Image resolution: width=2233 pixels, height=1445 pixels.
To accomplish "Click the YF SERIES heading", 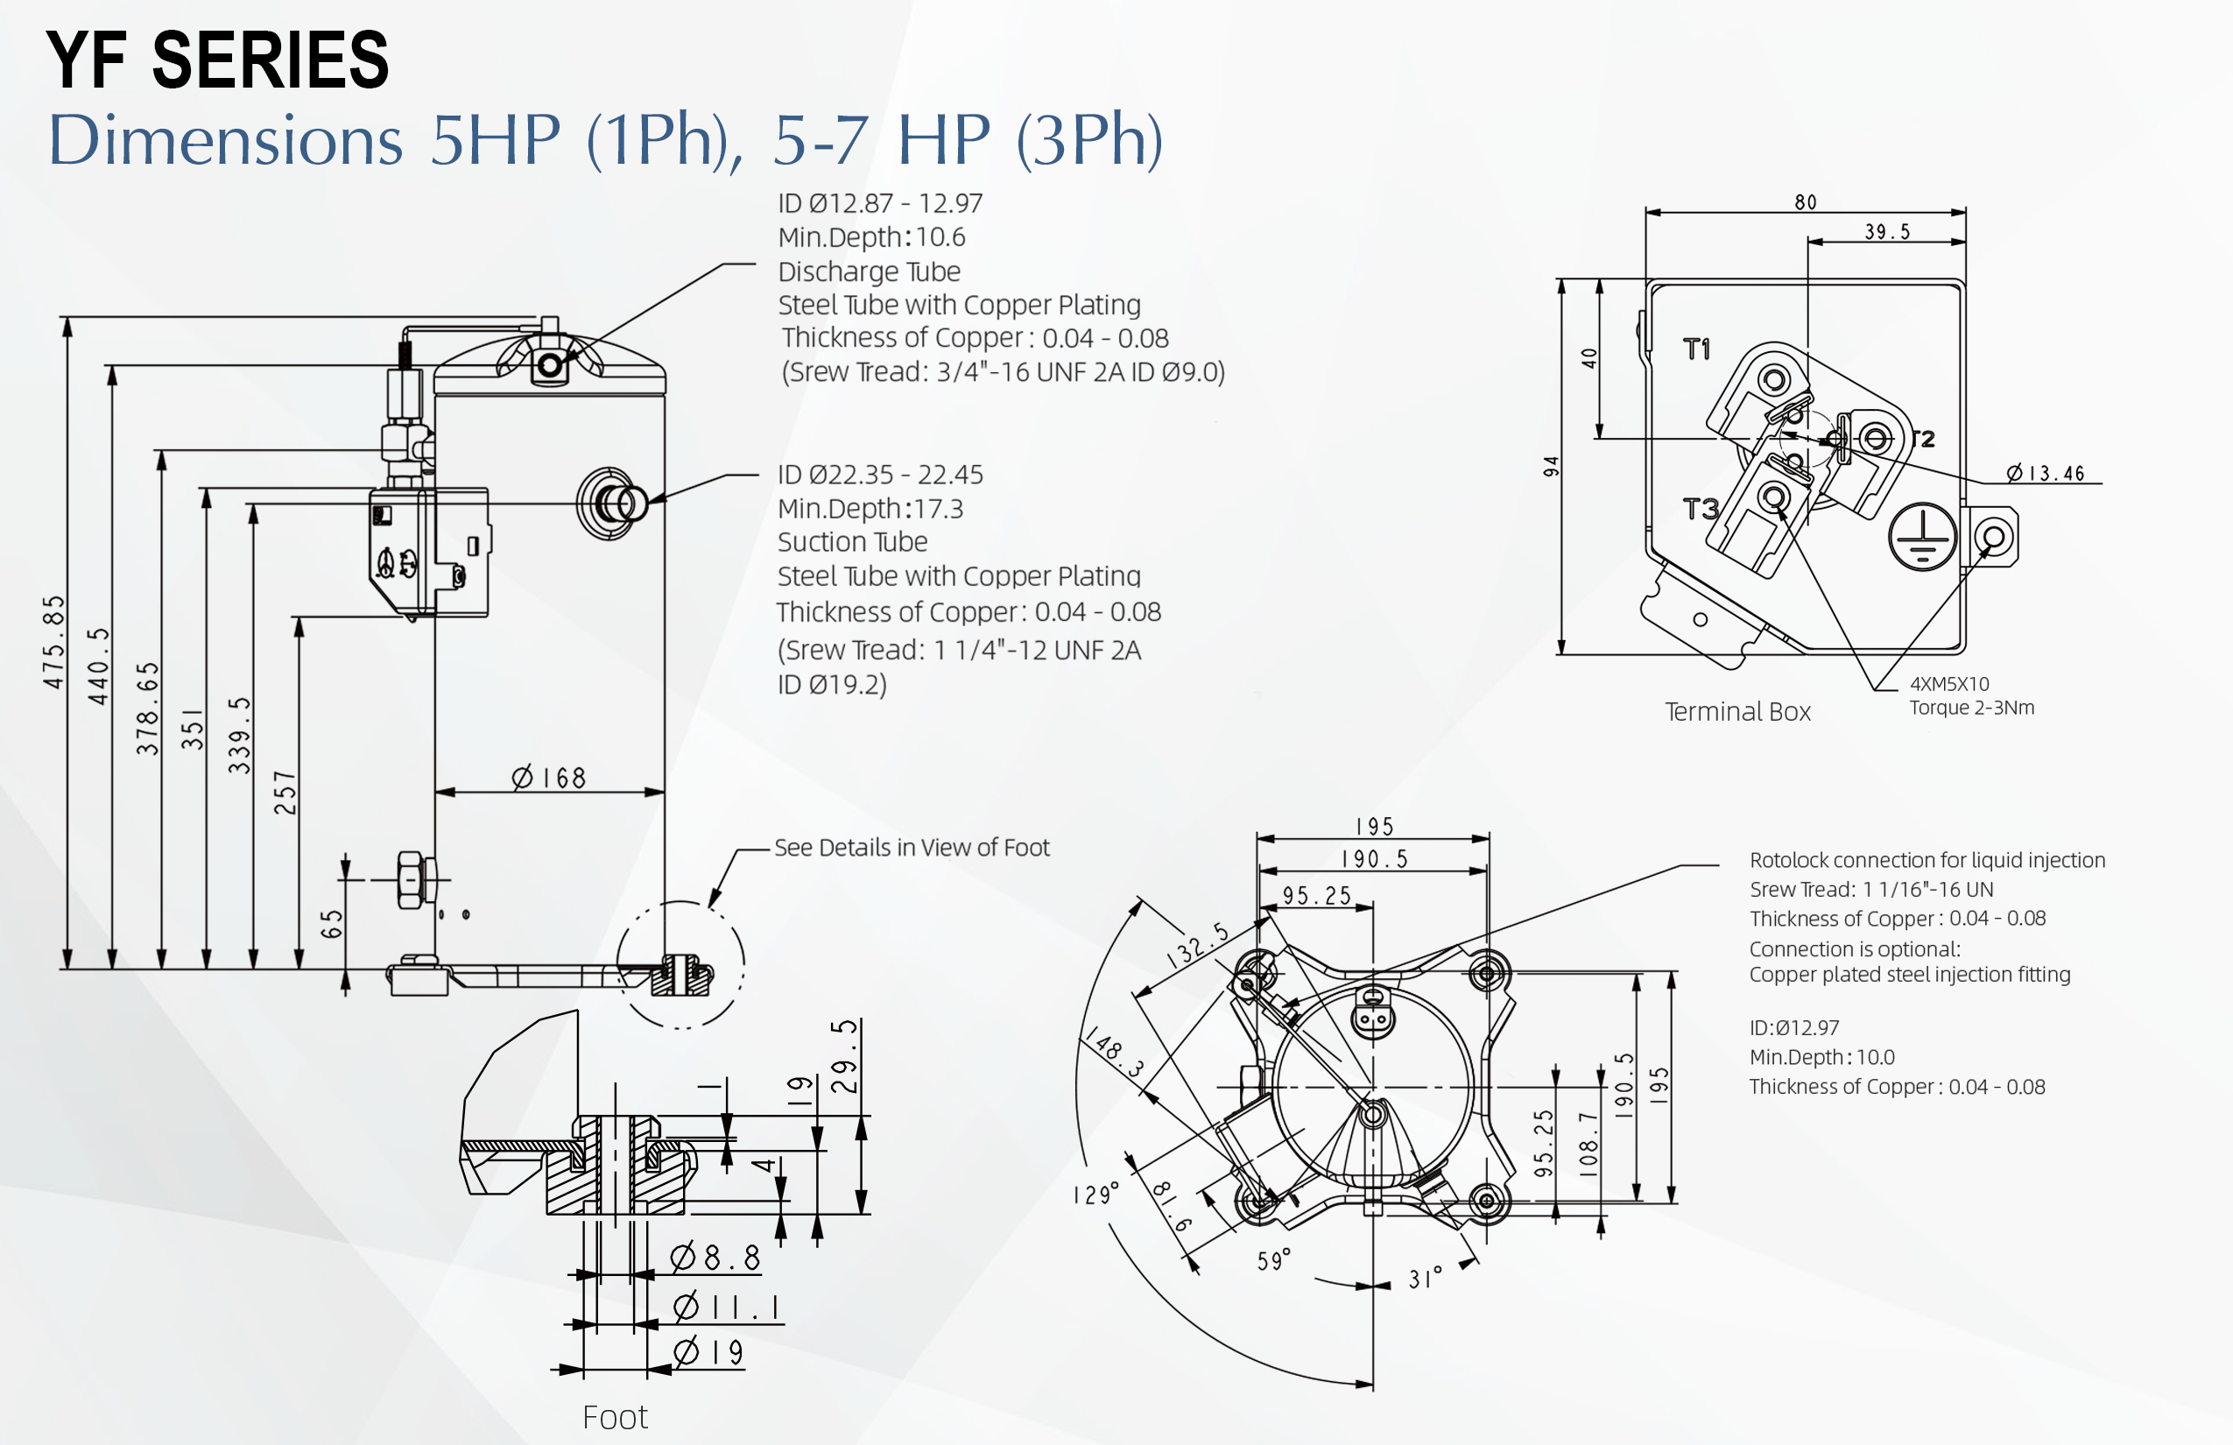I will click(x=217, y=60).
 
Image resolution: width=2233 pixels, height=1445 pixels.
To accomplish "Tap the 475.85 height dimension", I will click(x=54, y=642).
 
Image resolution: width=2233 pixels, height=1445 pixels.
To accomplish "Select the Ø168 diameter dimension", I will click(x=549, y=778).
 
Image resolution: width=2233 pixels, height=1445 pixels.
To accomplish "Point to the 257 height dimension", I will click(x=285, y=793).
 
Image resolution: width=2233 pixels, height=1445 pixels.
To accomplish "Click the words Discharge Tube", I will click(x=869, y=272).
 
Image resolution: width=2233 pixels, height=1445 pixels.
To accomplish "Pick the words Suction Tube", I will click(x=852, y=542).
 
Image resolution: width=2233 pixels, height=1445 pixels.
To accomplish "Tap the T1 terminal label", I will click(x=1696, y=350).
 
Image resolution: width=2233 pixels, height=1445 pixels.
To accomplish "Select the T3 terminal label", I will click(x=1700, y=510).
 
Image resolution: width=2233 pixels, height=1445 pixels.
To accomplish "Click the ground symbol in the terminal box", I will click(x=1921, y=538).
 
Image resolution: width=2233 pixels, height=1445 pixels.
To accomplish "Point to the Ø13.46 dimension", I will click(x=2046, y=474).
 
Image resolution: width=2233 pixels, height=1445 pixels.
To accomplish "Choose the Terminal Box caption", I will click(x=1737, y=712).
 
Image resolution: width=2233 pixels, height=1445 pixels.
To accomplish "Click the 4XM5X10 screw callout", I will click(x=1948, y=684).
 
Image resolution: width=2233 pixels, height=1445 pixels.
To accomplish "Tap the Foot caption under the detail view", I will click(x=615, y=1417).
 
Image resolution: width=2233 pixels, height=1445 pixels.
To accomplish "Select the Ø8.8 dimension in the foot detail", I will click(x=715, y=1258).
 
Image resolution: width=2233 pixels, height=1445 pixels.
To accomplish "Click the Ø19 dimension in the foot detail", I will click(x=708, y=1352).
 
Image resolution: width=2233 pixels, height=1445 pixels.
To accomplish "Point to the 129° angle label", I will click(x=1095, y=1195).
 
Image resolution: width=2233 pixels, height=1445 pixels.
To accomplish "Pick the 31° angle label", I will click(x=1424, y=1278).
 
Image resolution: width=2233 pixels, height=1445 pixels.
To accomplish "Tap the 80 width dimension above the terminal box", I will click(x=1805, y=202).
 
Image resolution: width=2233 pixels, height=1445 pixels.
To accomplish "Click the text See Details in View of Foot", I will click(x=911, y=849).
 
